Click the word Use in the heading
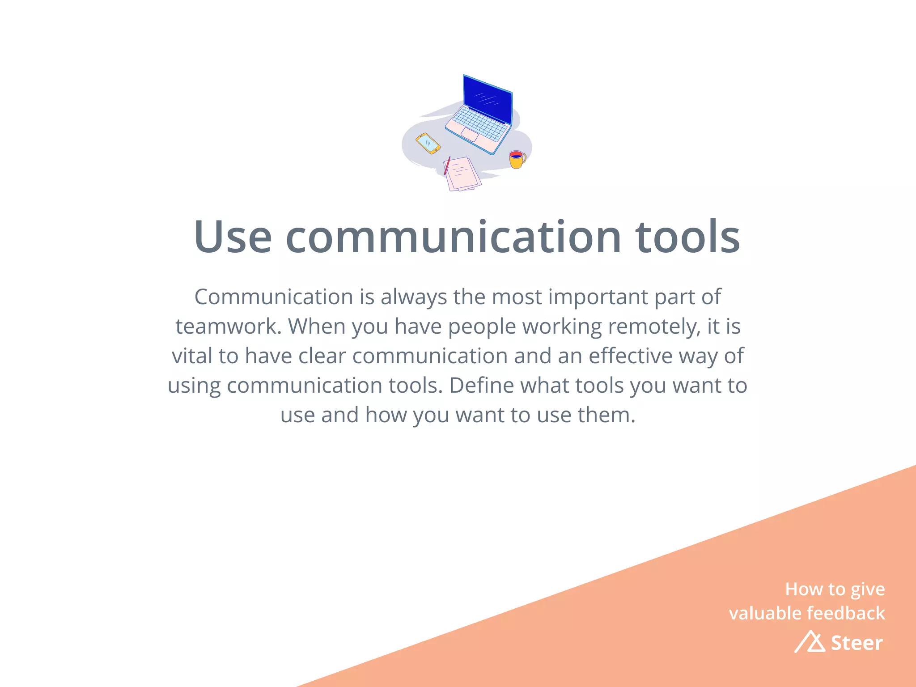[x=233, y=237]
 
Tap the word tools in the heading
[x=687, y=237]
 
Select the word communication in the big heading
[x=453, y=237]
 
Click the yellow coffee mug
[x=517, y=160]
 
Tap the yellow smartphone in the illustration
[x=428, y=143]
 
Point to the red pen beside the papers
[x=447, y=165]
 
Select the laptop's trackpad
[x=470, y=134]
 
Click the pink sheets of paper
[x=462, y=174]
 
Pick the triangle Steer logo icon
[x=810, y=642]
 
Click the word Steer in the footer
[x=857, y=643]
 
